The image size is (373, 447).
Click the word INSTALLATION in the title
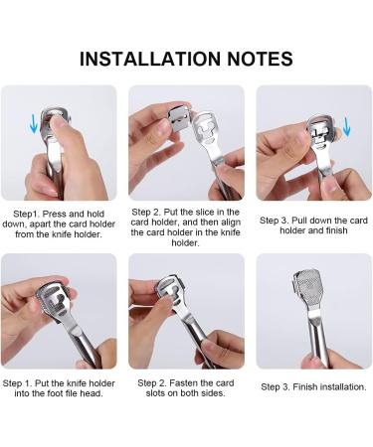coord(150,59)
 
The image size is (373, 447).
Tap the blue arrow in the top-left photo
coord(33,123)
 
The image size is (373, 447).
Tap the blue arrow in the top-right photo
coord(346,127)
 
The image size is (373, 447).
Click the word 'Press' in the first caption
coord(55,214)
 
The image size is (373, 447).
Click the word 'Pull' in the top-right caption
coord(299,221)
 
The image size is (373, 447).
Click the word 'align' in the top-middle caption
coord(230,223)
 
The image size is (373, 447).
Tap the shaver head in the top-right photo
coord(319,133)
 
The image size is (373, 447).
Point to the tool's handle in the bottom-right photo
coord(317,340)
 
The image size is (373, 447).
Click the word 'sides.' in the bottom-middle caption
coord(213,393)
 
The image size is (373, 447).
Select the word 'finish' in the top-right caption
coord(337,230)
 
